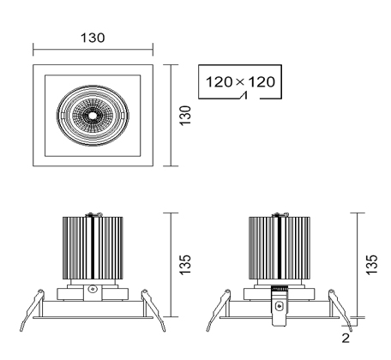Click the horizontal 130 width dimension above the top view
tap(93, 38)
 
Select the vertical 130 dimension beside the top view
tap(185, 115)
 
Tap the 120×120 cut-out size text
tap(240, 82)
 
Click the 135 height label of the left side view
tap(185, 265)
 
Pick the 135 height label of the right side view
tap(372, 265)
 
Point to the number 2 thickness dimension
tap(346, 338)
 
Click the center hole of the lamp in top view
tap(93, 116)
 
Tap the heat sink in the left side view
tap(93, 248)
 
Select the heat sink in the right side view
tap(280, 248)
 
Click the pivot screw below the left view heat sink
tap(93, 289)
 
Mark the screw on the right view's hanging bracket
tap(279, 307)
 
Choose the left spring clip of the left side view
tap(32, 310)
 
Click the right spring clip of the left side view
tap(153, 310)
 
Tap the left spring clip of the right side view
tap(219, 310)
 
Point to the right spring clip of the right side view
tap(340, 310)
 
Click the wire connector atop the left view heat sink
tap(94, 214)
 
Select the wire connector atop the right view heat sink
tap(280, 214)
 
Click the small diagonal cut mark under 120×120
tap(244, 96)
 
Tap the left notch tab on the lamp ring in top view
tap(62, 115)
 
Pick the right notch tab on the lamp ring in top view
tap(123, 115)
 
